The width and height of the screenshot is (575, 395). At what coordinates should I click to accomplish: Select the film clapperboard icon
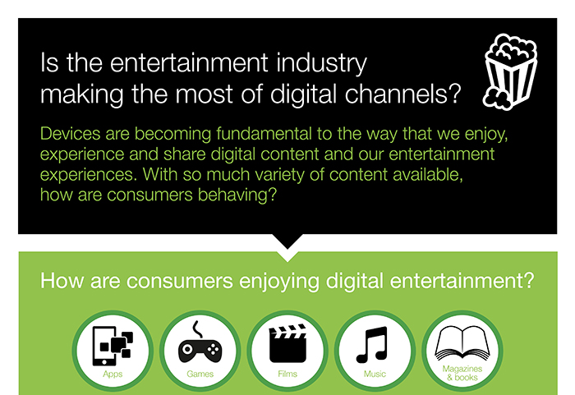pos(287,343)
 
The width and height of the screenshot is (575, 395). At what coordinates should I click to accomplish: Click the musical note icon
pos(375,344)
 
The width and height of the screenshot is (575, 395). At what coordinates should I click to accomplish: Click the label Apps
pos(113,374)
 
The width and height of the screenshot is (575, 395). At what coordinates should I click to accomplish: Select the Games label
pos(200,374)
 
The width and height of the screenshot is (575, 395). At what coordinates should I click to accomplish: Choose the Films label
pos(287,374)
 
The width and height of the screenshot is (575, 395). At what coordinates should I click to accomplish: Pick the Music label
pos(375,374)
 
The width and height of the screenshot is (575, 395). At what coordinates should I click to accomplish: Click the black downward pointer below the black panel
pos(287,241)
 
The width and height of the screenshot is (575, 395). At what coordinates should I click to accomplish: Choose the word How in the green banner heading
pos(57,282)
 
